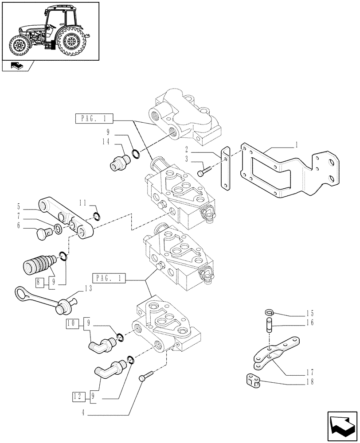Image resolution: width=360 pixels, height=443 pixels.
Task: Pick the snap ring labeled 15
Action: [x=270, y=312]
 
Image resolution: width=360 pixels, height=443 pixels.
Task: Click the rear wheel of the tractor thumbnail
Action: [x=70, y=42]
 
